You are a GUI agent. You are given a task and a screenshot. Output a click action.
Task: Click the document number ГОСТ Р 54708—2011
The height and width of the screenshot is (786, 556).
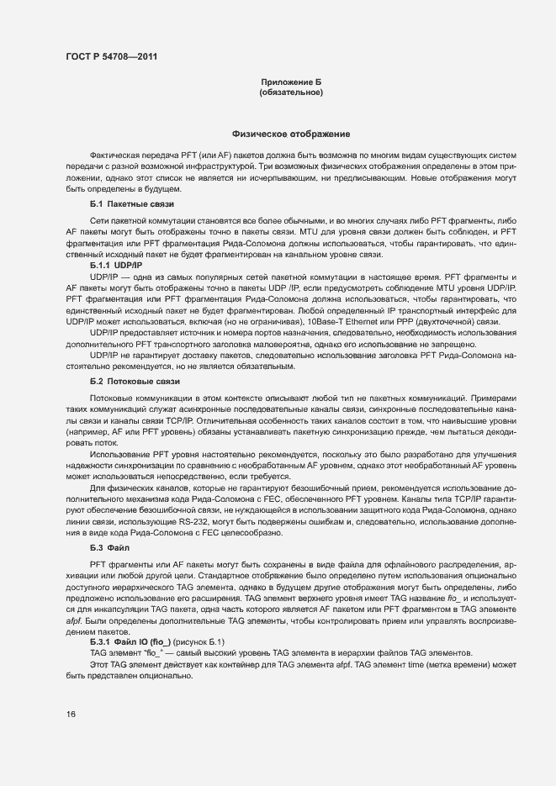109,57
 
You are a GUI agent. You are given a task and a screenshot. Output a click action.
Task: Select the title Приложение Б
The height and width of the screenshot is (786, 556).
290,82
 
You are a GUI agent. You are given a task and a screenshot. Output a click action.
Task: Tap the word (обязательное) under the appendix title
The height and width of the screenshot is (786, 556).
290,92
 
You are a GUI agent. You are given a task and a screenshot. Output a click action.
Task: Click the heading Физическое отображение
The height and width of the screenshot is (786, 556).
290,135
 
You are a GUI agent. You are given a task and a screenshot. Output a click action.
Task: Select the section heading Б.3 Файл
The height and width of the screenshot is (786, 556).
109,546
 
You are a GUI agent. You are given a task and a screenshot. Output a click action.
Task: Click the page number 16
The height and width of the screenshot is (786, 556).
71,714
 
